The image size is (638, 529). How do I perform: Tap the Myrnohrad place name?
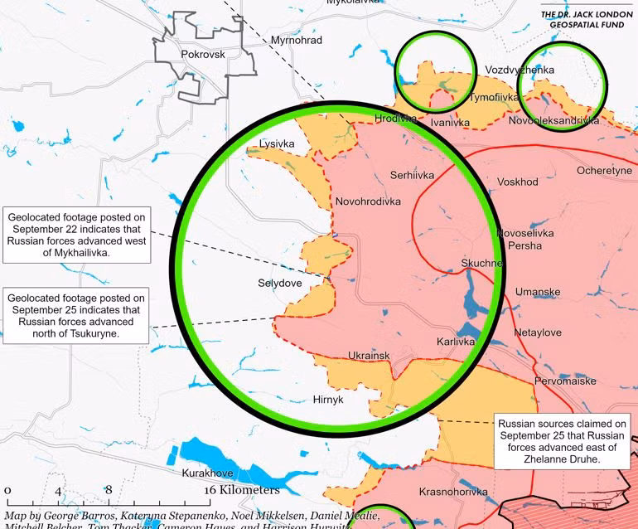pos(297,40)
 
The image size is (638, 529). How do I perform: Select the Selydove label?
pos(280,283)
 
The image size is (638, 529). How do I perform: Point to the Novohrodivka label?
pos(368,201)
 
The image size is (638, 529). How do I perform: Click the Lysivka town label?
pos(277,143)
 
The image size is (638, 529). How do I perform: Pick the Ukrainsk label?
pos(369,356)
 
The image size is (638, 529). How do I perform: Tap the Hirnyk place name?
pos(329,399)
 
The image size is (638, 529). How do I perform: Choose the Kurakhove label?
pos(207,473)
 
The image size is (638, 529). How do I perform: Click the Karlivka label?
pos(456,341)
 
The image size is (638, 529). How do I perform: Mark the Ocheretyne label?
pos(604,171)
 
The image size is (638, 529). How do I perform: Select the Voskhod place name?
pos(518,182)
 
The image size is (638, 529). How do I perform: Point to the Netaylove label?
pos(538,332)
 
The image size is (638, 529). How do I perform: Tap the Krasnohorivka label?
pos(453,491)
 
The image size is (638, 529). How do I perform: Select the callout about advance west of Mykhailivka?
pos(76,235)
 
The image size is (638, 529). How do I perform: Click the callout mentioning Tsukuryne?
pos(75,315)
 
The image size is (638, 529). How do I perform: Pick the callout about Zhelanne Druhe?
pos(561,441)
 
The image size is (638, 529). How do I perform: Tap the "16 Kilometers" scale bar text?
pos(244,489)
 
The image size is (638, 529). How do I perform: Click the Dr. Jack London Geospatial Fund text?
pos(586,20)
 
